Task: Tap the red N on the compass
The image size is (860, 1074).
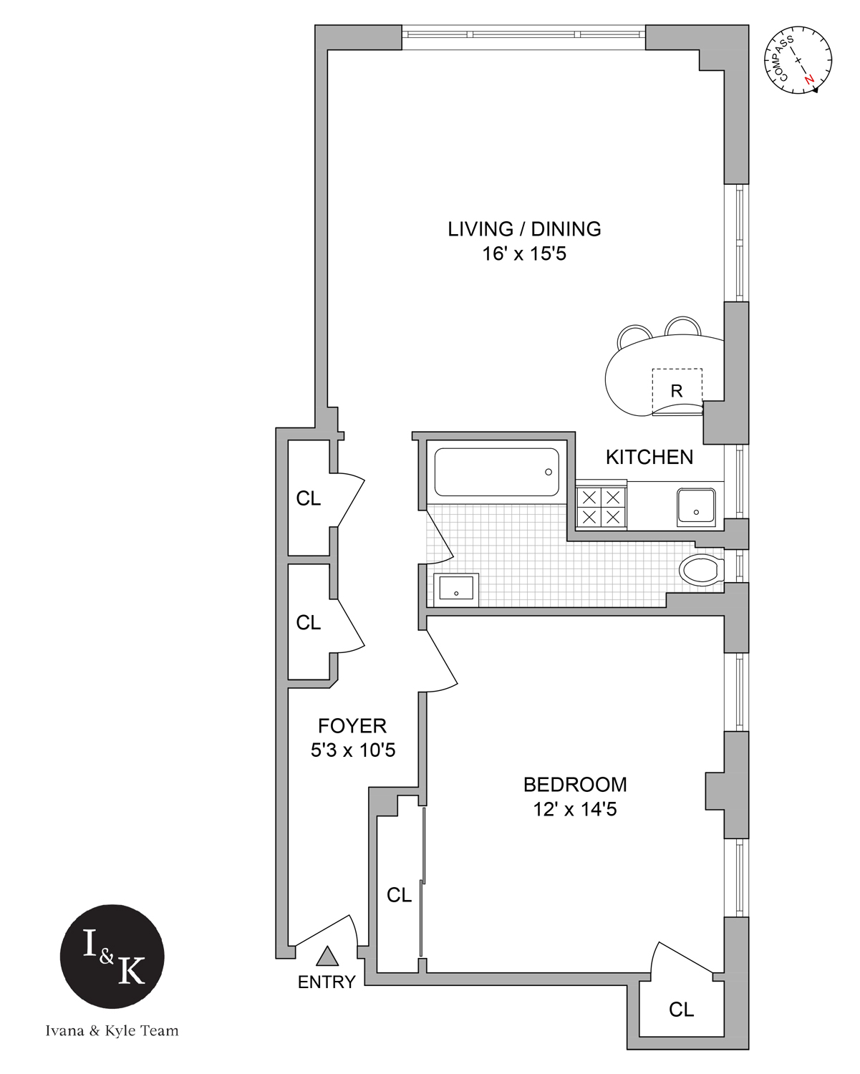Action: click(x=809, y=79)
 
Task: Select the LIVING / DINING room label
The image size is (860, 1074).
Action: click(x=524, y=229)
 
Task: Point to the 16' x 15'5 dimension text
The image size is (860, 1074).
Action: click(x=524, y=254)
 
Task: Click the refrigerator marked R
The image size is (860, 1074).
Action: click(x=677, y=391)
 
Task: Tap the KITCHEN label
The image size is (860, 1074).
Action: click(x=649, y=457)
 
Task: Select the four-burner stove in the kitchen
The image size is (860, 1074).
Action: click(x=600, y=507)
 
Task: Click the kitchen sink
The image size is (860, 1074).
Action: click(x=696, y=505)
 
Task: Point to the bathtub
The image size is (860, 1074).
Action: click(x=496, y=472)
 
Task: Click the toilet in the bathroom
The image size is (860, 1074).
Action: click(x=701, y=570)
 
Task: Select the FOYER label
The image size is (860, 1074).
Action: click(x=352, y=726)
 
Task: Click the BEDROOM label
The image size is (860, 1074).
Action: click(x=575, y=785)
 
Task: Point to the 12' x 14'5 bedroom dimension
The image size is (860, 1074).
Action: click(x=575, y=810)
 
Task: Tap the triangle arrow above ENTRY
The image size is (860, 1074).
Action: click(x=327, y=956)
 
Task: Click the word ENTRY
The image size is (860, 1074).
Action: click(x=327, y=982)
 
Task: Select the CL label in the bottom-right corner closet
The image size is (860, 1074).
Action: click(x=681, y=1010)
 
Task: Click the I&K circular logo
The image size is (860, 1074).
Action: click(x=112, y=956)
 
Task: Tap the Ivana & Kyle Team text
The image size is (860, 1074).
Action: click(x=112, y=1031)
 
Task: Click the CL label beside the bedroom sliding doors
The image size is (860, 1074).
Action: click(x=399, y=895)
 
